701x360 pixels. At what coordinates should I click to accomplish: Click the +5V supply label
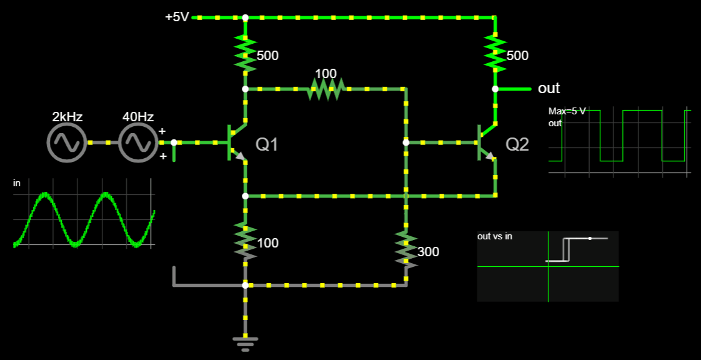pyautogui.click(x=177, y=17)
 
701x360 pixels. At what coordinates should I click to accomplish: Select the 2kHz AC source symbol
pyautogui.click(x=66, y=142)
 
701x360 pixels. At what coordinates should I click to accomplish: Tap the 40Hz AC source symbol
pyautogui.click(x=138, y=142)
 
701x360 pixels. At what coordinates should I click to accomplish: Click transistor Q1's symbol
pyautogui.click(x=236, y=143)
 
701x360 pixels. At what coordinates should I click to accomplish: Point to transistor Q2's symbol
pyautogui.click(x=485, y=143)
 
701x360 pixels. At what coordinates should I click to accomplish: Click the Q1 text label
pyautogui.click(x=267, y=145)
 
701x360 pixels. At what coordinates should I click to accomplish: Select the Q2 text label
pyautogui.click(x=517, y=145)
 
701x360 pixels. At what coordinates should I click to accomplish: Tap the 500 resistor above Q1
pyautogui.click(x=246, y=53)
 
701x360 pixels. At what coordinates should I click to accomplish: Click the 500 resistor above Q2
pyautogui.click(x=495, y=53)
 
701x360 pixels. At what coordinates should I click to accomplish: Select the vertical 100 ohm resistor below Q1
pyautogui.click(x=246, y=241)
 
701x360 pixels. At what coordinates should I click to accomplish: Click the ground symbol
pyautogui.click(x=246, y=342)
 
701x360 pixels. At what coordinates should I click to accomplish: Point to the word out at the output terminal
pyautogui.click(x=549, y=88)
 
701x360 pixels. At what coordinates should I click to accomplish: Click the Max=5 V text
pyautogui.click(x=567, y=111)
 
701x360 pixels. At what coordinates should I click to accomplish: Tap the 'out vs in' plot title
pyautogui.click(x=495, y=236)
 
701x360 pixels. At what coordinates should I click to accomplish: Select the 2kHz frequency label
pyautogui.click(x=67, y=117)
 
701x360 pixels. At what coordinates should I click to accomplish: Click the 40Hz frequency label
pyautogui.click(x=138, y=117)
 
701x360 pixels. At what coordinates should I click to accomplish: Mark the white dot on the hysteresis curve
pyautogui.click(x=590, y=238)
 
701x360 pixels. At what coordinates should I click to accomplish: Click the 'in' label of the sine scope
pyautogui.click(x=17, y=183)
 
